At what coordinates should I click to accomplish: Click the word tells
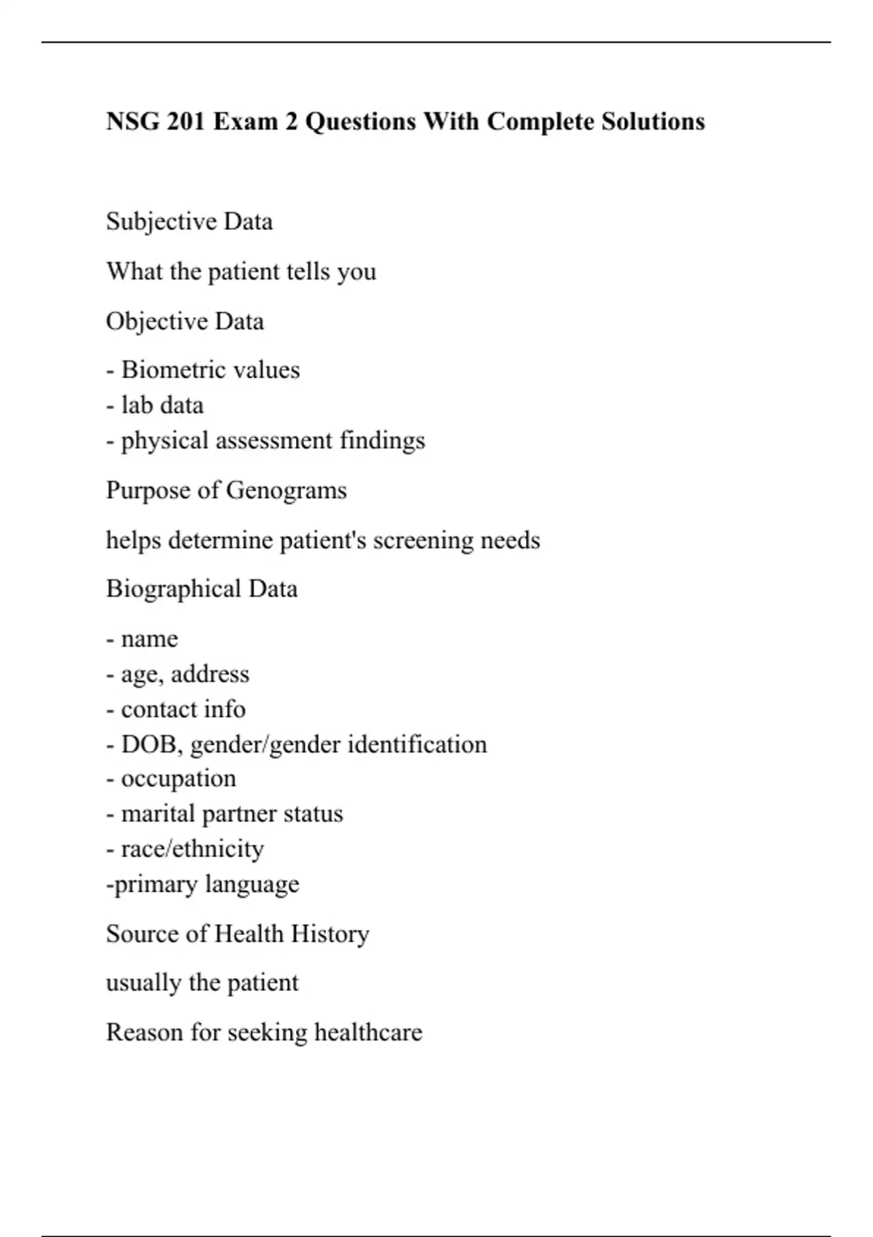click(308, 271)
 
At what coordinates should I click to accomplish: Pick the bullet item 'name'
click(149, 639)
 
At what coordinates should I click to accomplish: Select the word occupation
click(178, 779)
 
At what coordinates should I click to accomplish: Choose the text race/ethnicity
click(192, 848)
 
